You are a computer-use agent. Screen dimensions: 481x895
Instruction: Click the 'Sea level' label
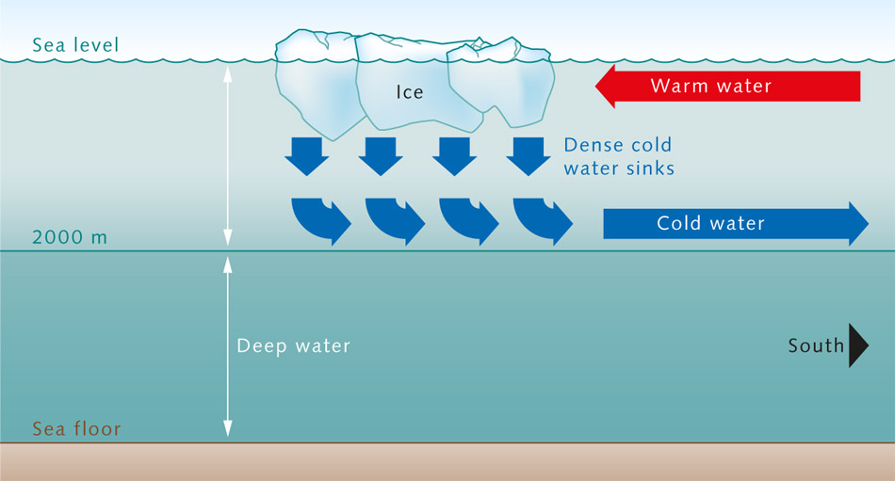pyautogui.click(x=75, y=44)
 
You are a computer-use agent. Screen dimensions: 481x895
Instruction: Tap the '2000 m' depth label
pyautogui.click(x=70, y=237)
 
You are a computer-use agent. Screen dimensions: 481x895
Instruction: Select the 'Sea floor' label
pyautogui.click(x=76, y=430)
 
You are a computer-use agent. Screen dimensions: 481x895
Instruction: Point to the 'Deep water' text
pyautogui.click(x=293, y=346)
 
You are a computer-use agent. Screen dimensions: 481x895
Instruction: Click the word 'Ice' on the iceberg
pyautogui.click(x=409, y=92)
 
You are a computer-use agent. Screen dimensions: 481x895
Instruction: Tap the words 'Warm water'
pyautogui.click(x=710, y=87)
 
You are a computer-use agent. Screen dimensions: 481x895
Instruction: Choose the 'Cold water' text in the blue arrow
pyautogui.click(x=710, y=223)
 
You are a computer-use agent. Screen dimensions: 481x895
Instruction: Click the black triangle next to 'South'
pyautogui.click(x=856, y=345)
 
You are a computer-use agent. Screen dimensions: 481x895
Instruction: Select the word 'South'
pyautogui.click(x=816, y=345)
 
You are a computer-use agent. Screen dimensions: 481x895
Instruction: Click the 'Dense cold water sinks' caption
pyautogui.click(x=619, y=157)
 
